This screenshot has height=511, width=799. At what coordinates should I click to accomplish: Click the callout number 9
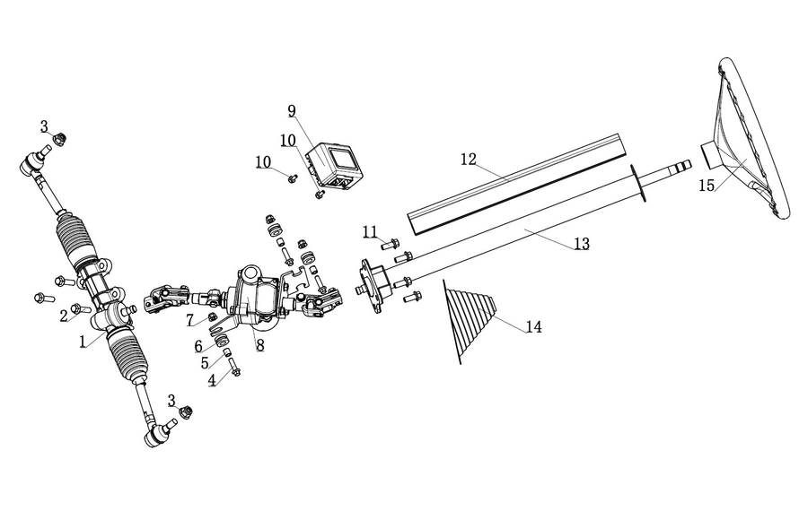[x=292, y=111]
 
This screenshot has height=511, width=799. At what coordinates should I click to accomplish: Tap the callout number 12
[x=469, y=160]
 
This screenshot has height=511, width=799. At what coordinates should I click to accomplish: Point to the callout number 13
[x=582, y=244]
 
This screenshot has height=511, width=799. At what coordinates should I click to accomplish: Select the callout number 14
[x=533, y=326]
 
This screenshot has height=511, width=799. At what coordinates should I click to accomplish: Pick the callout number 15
[x=707, y=186]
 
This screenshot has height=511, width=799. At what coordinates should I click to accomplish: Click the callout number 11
[x=370, y=232]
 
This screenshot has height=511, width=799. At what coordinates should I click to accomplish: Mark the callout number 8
[x=259, y=345]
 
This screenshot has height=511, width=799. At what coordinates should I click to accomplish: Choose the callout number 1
[x=83, y=342]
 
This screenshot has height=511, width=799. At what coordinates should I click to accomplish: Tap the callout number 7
[x=190, y=320]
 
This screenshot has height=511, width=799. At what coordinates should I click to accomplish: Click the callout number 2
[x=63, y=316]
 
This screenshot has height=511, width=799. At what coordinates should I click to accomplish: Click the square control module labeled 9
[x=335, y=167]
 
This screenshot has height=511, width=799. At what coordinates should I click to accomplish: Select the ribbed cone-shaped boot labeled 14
[x=469, y=321]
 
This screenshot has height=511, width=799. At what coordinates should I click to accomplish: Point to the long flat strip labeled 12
[x=518, y=184]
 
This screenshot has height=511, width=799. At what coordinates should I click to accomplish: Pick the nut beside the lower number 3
[x=186, y=411]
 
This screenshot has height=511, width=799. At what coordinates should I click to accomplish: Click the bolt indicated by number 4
[x=234, y=367]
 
